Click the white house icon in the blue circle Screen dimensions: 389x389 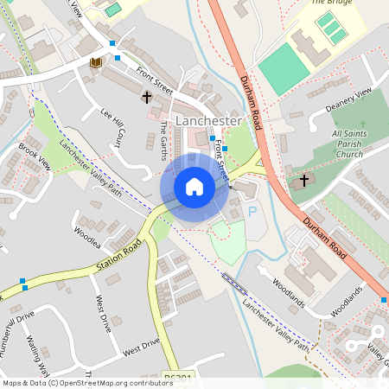coord(194,187)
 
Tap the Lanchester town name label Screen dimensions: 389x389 coord(207,121)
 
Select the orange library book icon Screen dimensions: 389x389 coord(95,62)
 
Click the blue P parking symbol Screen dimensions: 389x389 coord(252,211)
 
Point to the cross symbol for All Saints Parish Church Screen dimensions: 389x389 coord(303,182)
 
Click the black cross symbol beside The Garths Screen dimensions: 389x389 coord(147,97)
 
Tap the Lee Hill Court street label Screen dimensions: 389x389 coord(113,126)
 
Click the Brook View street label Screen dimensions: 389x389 coord(35,157)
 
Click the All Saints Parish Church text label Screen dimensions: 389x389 coord(348,143)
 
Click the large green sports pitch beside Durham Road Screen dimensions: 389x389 coord(282,69)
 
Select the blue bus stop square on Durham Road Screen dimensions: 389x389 coord(383,300)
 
